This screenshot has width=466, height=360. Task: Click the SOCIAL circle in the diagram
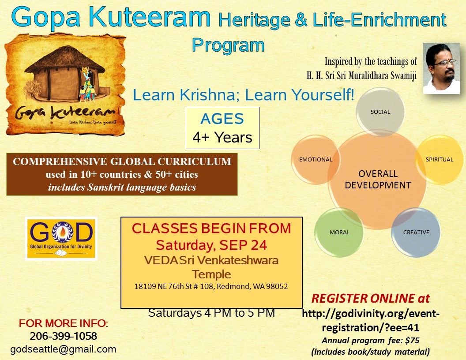tap(380, 112)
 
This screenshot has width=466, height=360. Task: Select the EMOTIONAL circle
tap(316, 160)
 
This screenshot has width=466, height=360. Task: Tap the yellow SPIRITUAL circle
tap(440, 160)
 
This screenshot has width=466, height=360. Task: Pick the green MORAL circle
tap(339, 232)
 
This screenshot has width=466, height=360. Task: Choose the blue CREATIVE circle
tap(416, 232)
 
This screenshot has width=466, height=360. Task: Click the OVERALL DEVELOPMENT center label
tap(378, 180)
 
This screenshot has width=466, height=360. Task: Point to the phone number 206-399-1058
tap(63, 336)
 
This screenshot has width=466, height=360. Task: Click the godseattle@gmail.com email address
tap(63, 349)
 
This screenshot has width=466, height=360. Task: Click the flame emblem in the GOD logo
tap(62, 232)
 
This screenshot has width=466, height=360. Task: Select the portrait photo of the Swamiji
tap(441, 69)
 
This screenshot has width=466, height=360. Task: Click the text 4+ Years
tap(222, 138)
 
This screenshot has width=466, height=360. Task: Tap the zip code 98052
tap(277, 286)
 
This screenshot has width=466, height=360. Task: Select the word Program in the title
tap(228, 45)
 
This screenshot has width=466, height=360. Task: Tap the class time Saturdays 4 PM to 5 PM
tap(212, 313)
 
